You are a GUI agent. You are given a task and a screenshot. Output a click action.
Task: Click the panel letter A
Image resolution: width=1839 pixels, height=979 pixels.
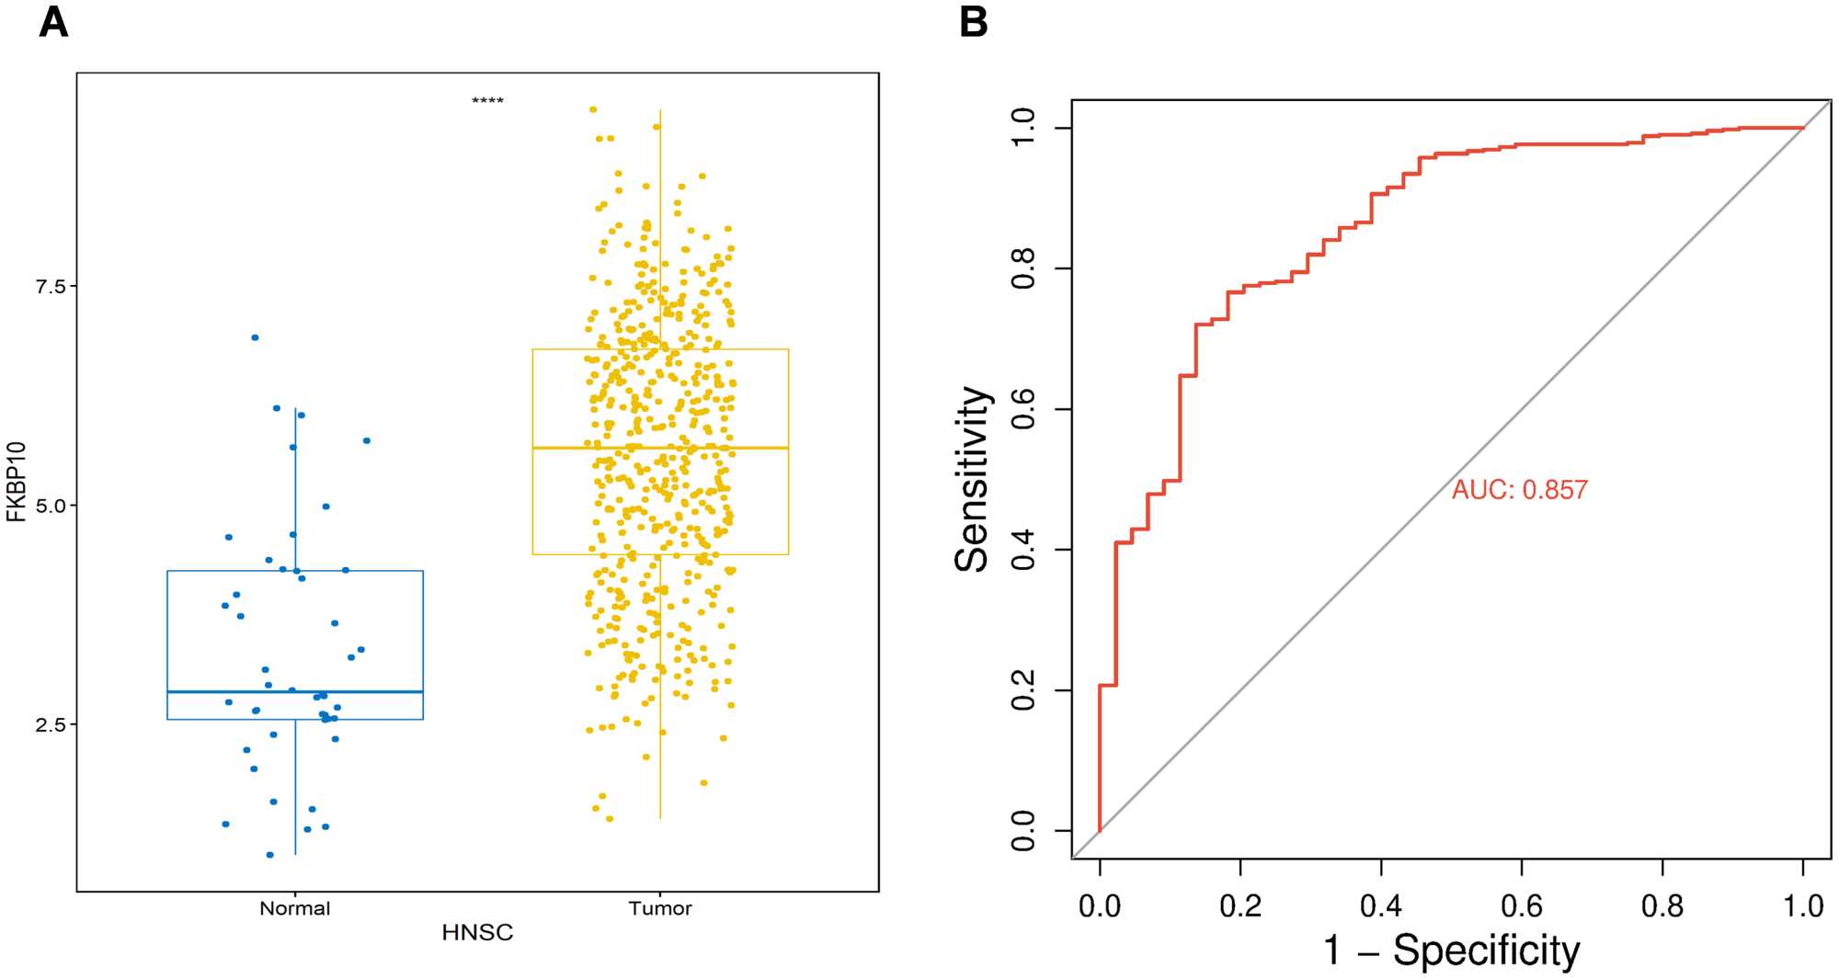pyautogui.click(x=53, y=22)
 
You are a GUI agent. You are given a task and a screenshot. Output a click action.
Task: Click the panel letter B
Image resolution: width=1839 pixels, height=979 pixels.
pyautogui.click(x=974, y=22)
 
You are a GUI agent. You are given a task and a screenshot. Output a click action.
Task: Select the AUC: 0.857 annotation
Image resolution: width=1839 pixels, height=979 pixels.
pyautogui.click(x=1519, y=490)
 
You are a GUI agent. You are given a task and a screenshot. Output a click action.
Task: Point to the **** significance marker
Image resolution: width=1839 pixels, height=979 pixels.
pyautogui.click(x=487, y=101)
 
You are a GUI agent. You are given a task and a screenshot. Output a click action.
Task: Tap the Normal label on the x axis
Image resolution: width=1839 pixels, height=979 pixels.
pyautogui.click(x=294, y=908)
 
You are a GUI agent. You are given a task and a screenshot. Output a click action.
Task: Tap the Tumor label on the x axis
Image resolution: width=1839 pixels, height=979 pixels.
pyautogui.click(x=659, y=908)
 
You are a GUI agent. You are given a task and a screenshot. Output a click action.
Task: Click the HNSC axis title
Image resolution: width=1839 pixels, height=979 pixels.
pyautogui.click(x=477, y=933)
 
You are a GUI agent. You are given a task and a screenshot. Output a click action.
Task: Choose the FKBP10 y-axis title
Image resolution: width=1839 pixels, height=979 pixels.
pyautogui.click(x=17, y=482)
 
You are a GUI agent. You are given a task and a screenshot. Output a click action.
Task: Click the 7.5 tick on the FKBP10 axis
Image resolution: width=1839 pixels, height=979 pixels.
pyautogui.click(x=51, y=286)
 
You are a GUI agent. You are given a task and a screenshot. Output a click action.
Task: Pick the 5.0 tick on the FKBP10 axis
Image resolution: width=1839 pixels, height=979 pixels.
pyautogui.click(x=51, y=506)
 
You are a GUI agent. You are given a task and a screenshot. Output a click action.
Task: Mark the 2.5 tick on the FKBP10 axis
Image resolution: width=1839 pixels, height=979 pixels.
pyautogui.click(x=51, y=724)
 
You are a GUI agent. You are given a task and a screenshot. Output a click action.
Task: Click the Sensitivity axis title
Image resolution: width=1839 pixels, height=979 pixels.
pyautogui.click(x=972, y=479)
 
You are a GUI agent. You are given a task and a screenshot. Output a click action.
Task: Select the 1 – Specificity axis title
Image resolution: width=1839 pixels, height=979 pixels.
pyautogui.click(x=1451, y=951)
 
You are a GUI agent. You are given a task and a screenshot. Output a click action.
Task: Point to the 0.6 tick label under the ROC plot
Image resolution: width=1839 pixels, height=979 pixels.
pyautogui.click(x=1522, y=906)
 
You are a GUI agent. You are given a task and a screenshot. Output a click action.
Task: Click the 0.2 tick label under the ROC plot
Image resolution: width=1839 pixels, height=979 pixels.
pyautogui.click(x=1240, y=906)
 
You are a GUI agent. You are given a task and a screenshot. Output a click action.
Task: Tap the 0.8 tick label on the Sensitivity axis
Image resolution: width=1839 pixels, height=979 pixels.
pyautogui.click(x=1022, y=268)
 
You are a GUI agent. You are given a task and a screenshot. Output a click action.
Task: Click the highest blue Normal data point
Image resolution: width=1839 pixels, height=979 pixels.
pyautogui.click(x=255, y=337)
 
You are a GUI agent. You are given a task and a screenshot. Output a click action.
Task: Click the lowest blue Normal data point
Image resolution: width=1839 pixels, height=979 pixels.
pyautogui.click(x=269, y=855)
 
